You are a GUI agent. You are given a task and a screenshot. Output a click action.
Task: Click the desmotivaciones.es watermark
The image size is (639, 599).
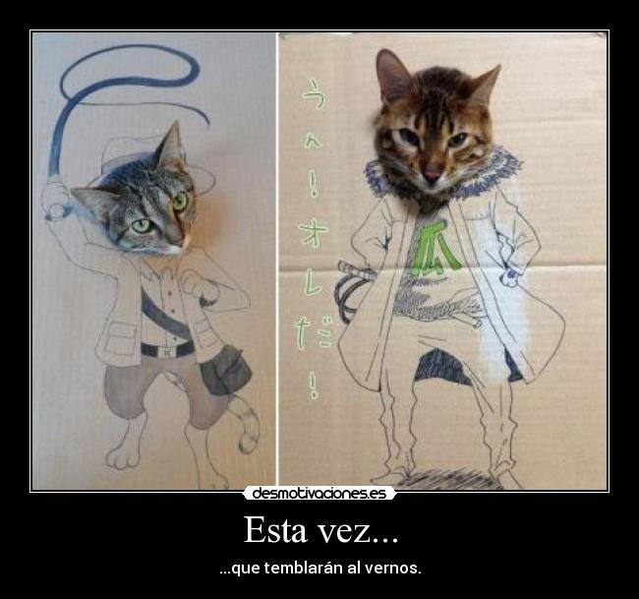pos(319,493)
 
